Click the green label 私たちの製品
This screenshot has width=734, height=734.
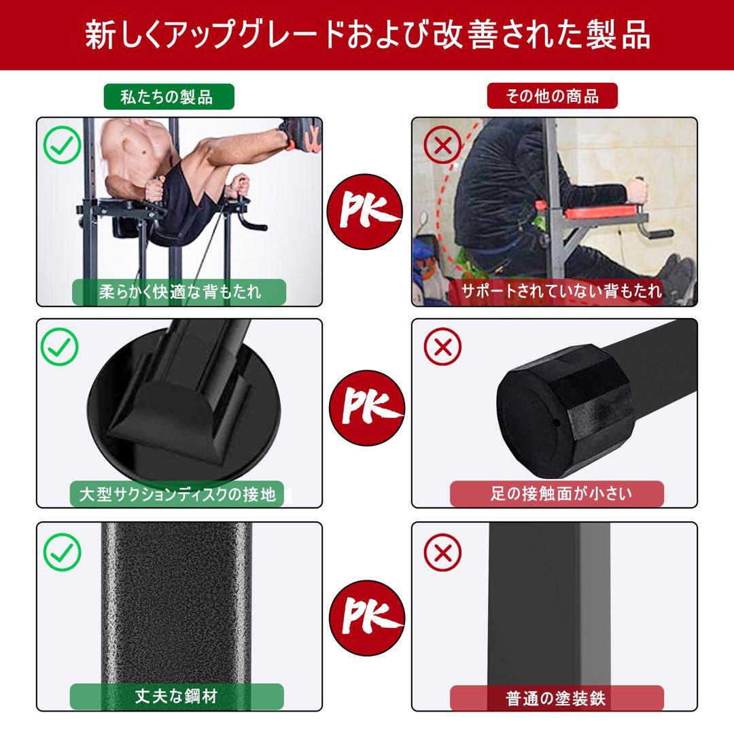tap(168, 97)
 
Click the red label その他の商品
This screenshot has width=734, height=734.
tap(552, 97)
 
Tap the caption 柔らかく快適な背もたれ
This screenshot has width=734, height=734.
tap(179, 292)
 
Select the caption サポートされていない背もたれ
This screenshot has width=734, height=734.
tap(561, 292)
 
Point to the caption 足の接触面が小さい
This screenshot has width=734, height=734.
tap(557, 494)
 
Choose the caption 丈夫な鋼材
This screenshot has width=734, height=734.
tap(177, 697)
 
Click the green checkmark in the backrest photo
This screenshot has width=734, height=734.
tap(61, 145)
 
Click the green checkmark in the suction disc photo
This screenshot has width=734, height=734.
tap(61, 347)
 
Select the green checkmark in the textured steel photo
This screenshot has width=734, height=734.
tap(61, 551)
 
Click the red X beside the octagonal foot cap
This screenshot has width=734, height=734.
tap(442, 347)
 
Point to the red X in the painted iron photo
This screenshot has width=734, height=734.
tap(442, 551)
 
